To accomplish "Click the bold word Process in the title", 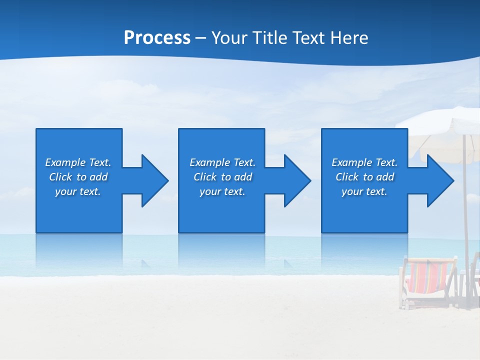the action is (157, 38).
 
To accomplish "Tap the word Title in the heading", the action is (268, 38).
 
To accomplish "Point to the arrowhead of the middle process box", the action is (296, 180).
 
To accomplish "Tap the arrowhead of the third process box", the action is (439, 180).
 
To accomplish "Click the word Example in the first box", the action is (65, 162).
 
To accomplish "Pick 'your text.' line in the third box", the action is (364, 191).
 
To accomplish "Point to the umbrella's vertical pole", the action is (465, 210).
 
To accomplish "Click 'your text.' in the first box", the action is (78, 191).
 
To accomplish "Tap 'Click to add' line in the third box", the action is (364, 177).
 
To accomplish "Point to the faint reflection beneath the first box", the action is (79, 250).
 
